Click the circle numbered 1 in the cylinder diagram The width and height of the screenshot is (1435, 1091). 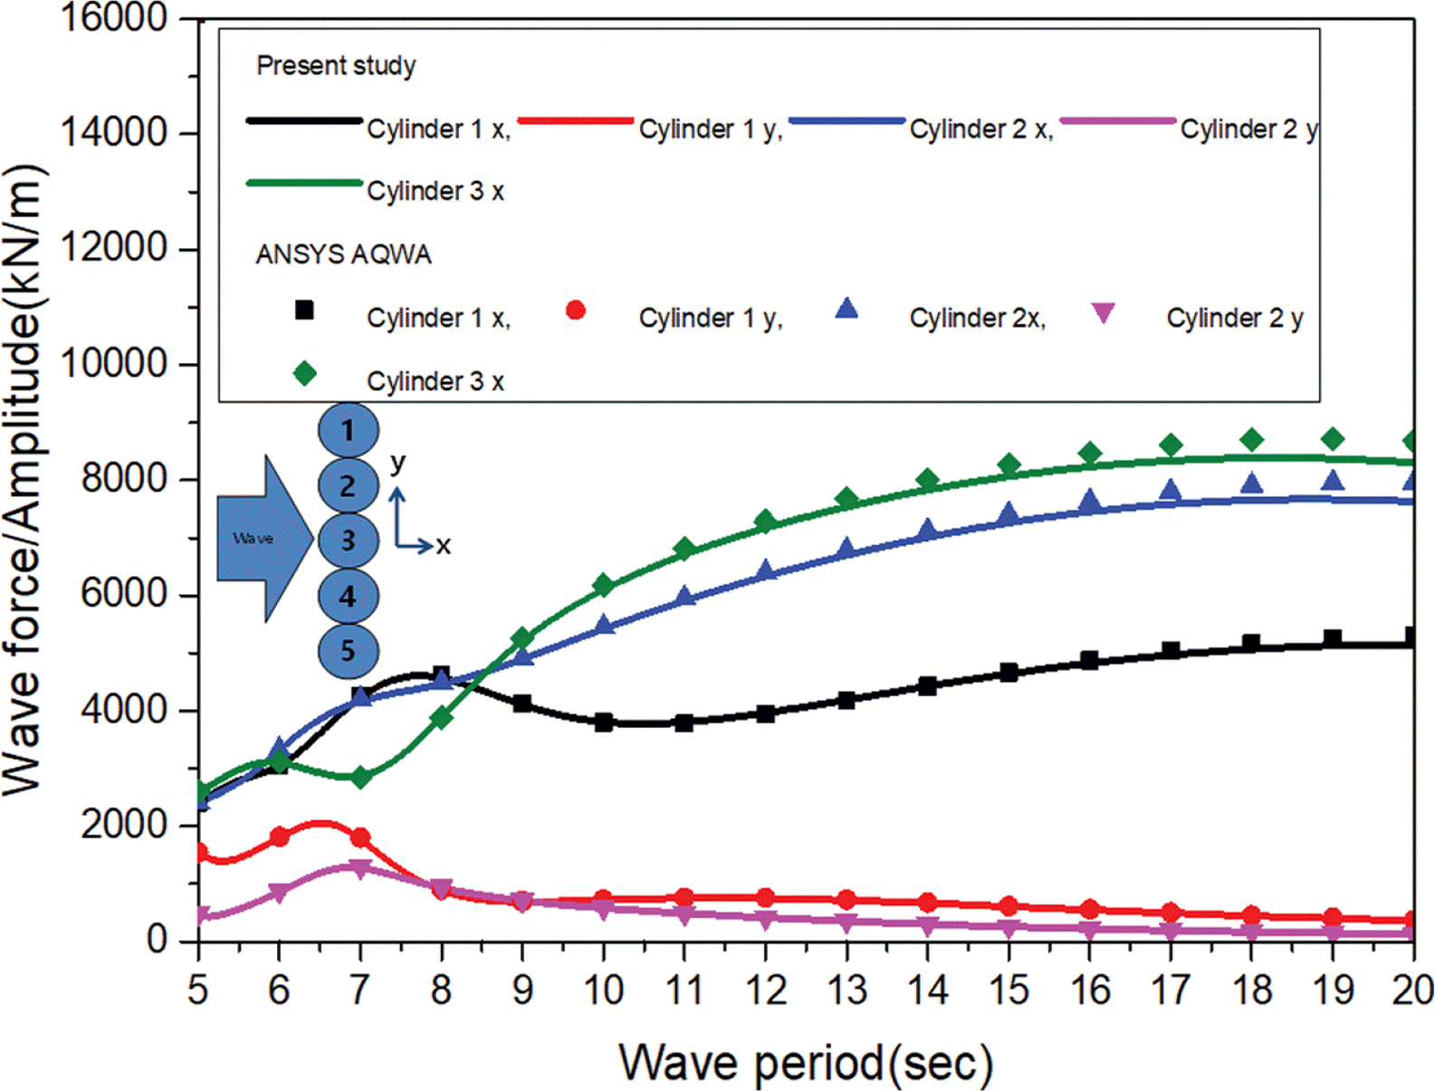click(x=348, y=430)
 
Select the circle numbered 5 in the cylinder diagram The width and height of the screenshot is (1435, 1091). click(x=348, y=651)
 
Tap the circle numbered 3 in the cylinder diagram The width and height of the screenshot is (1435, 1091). click(x=348, y=541)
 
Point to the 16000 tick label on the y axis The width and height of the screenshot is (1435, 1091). click(x=113, y=17)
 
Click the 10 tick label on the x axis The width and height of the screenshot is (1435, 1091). click(x=603, y=990)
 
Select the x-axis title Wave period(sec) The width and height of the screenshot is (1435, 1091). click(x=805, y=1061)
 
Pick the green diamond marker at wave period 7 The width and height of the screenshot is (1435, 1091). click(x=360, y=777)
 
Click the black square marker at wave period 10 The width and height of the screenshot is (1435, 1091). click(x=604, y=723)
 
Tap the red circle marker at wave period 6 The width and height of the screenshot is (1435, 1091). click(x=279, y=837)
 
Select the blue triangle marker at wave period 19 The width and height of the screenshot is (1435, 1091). click(x=1332, y=480)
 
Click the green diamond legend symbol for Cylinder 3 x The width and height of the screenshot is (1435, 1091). click(x=305, y=374)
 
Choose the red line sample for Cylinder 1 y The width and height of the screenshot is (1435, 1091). click(x=575, y=120)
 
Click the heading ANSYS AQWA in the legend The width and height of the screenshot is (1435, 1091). click(x=343, y=254)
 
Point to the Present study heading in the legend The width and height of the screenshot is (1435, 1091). click(x=336, y=65)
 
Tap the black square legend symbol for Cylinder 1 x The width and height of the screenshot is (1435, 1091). click(x=305, y=311)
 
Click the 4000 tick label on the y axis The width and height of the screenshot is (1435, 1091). click(x=124, y=710)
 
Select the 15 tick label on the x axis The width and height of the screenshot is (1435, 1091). click(x=1008, y=990)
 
